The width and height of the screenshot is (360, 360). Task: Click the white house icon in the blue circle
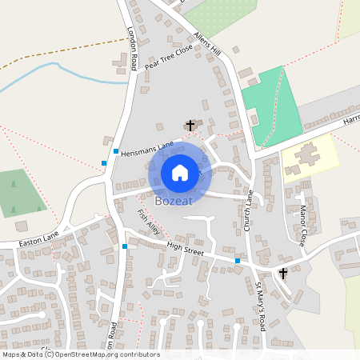point(180,172)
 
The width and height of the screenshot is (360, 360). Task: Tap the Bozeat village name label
point(181,201)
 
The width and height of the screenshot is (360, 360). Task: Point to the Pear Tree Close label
point(169,58)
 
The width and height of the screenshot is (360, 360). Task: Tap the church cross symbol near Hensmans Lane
point(190,125)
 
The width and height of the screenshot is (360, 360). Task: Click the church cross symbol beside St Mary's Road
point(282,274)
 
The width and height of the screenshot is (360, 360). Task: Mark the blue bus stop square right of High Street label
point(237,261)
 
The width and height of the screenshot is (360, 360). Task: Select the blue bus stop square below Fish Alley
point(125,246)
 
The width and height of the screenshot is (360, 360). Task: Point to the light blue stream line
point(64,70)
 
